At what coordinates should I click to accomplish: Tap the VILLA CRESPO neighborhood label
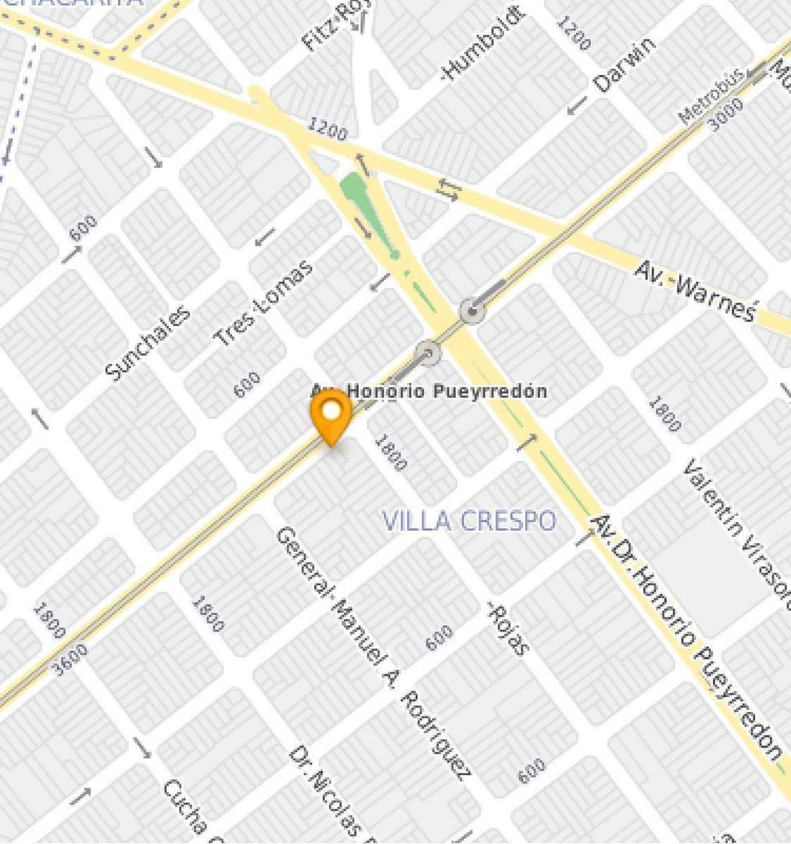tap(469, 520)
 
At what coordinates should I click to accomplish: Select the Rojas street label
tap(509, 628)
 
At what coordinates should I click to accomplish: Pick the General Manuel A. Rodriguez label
tap(373, 653)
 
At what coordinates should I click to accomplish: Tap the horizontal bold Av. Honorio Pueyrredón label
tap(429, 391)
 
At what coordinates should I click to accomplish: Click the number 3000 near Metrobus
tap(725, 116)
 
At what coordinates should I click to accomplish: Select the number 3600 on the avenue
tap(70, 659)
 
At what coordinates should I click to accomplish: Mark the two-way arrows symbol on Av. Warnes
tap(449, 189)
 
